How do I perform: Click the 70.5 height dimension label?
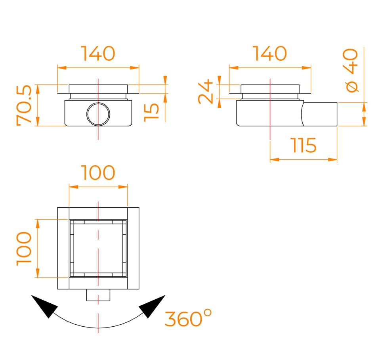(x=24, y=105)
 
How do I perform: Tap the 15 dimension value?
(x=151, y=112)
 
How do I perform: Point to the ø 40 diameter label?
(x=350, y=70)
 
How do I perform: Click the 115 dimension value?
(x=304, y=145)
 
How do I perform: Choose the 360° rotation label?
(x=188, y=318)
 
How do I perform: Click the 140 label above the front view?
(x=98, y=54)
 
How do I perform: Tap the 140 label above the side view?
(x=270, y=54)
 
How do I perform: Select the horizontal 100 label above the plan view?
(x=98, y=172)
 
